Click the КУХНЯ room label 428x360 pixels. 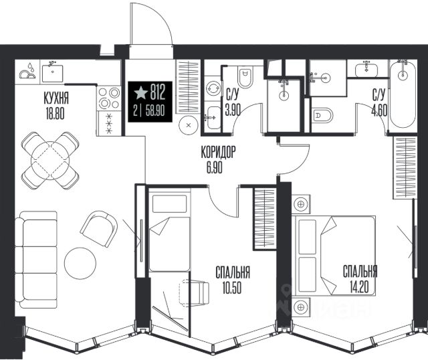point(56,98)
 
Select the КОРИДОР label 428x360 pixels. point(218,152)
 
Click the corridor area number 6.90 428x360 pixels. point(215,167)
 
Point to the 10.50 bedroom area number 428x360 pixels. point(232,288)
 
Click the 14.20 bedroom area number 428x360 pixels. point(360,287)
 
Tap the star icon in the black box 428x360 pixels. point(140,92)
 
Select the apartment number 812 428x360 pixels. point(158,92)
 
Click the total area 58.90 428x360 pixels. point(155,111)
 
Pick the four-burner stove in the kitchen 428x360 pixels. point(109,98)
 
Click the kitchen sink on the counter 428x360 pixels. point(53,72)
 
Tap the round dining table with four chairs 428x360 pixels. point(50,161)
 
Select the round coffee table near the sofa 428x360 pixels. point(80,263)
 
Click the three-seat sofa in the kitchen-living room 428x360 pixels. point(35,260)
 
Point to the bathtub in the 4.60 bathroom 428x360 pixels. point(403,94)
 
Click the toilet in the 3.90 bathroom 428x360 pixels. point(245,77)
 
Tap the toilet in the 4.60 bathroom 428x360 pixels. point(322,116)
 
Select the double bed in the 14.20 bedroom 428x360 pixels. point(334,256)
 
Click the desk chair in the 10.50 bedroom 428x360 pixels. point(194,293)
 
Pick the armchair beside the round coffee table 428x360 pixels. point(99,229)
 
